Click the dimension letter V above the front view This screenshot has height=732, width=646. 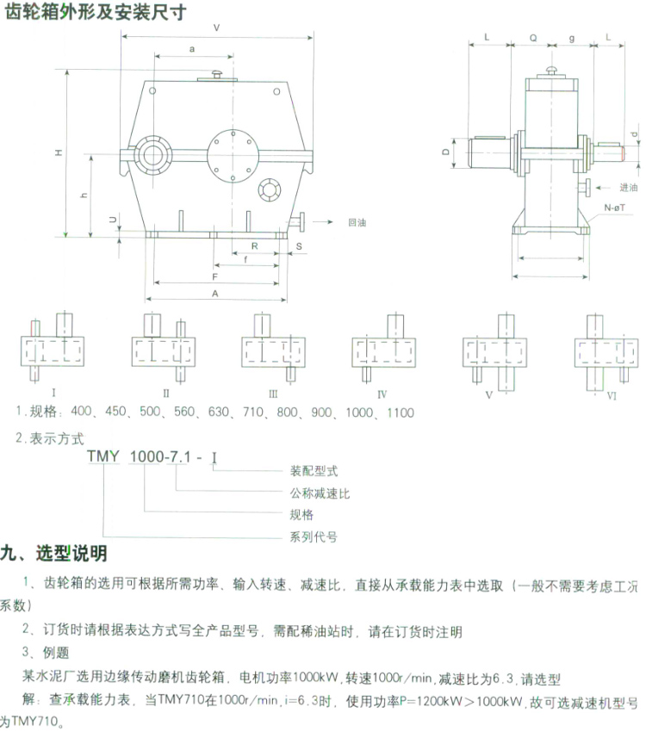[x=215, y=27]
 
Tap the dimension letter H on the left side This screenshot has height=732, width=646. [x=58, y=152]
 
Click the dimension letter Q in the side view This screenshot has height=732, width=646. [x=534, y=39]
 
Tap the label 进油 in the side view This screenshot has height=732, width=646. [x=629, y=187]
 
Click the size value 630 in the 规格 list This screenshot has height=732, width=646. [x=223, y=413]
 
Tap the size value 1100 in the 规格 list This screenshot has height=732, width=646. [x=398, y=413]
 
